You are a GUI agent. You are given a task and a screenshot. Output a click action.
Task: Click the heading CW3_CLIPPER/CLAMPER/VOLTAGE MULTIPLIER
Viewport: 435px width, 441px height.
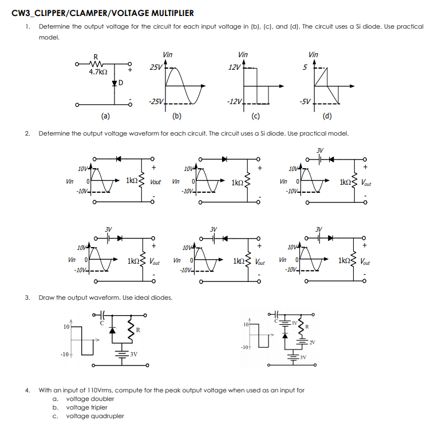click(x=103, y=13)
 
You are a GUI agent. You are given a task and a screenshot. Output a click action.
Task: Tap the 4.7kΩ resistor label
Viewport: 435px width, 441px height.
click(x=98, y=72)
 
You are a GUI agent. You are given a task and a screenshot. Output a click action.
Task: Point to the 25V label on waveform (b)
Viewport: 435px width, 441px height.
click(x=155, y=67)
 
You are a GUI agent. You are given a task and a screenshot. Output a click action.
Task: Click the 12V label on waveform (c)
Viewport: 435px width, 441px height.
click(x=234, y=67)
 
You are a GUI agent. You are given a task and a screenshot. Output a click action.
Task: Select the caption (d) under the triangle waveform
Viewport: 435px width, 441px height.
click(x=326, y=118)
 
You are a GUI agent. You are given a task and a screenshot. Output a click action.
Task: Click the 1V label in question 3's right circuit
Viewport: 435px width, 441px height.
click(x=295, y=324)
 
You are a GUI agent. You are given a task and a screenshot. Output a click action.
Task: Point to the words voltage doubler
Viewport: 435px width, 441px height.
click(x=90, y=399)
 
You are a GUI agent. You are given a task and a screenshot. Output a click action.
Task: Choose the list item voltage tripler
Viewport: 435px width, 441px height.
click(x=88, y=407)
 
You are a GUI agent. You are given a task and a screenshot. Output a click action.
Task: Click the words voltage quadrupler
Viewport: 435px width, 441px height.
click(x=95, y=416)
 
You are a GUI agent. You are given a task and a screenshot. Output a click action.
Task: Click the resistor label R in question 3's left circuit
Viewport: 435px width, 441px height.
click(x=138, y=330)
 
